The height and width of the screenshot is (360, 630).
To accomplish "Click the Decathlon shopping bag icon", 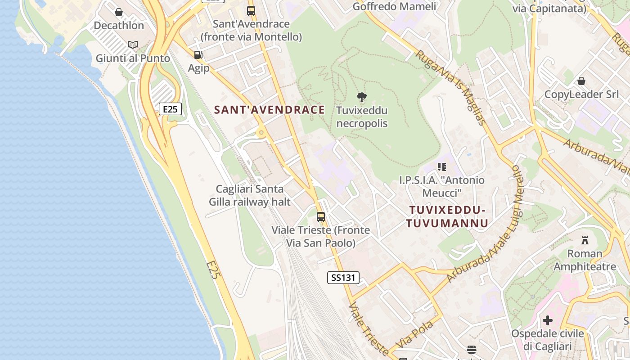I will coord(119,12).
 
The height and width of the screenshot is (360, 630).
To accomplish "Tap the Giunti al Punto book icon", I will coord(132,45).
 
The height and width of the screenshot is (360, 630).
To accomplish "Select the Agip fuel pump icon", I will coord(198,55).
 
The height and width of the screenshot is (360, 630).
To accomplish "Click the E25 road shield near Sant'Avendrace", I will coord(170,109).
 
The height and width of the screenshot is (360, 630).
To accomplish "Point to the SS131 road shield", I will coord(343,278).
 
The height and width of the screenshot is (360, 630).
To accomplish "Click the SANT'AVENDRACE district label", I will coord(270,110).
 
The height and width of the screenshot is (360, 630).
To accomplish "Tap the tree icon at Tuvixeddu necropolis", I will coord(361,97).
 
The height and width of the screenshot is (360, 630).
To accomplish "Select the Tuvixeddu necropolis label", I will coord(362,117).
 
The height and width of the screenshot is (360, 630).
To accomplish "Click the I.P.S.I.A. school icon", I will coord(442,167).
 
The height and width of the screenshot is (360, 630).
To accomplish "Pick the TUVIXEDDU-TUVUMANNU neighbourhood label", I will coord(447,216).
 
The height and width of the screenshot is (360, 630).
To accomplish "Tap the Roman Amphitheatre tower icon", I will coord(585,240).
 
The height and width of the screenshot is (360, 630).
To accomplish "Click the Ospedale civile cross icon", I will coord(548,320).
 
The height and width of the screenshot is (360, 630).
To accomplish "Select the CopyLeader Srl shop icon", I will coord(581,81).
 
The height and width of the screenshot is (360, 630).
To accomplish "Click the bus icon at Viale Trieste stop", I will coord(321,217).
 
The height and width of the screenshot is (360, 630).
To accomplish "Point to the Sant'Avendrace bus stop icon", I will coord(251,10).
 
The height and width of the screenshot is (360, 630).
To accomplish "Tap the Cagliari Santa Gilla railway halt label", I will coord(250,195).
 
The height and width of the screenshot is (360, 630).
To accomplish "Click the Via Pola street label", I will coord(416,333).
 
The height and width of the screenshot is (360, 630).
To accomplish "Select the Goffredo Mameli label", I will coord(394,6).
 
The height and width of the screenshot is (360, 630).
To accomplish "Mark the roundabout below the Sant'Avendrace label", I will coord(261,132).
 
